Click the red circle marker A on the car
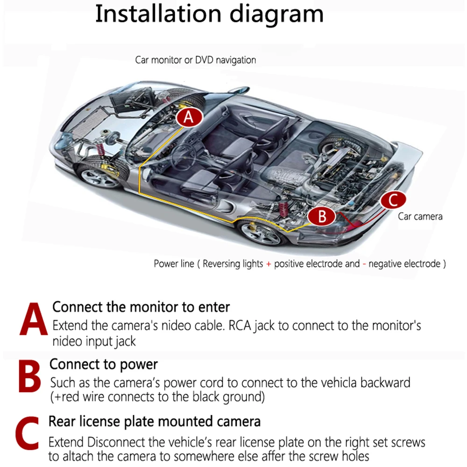[188, 117]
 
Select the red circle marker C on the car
[392, 200]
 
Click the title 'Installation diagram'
[209, 14]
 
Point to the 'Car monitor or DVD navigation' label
[195, 60]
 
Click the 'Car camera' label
[420, 216]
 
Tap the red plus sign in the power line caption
[269, 264]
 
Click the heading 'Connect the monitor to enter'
[141, 307]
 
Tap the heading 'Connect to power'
[104, 364]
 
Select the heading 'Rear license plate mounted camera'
[155, 421]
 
